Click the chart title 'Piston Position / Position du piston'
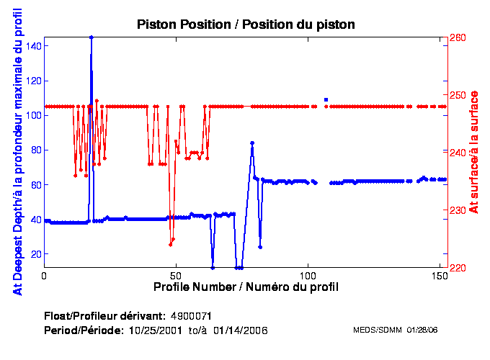tap(246, 24)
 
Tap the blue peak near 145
tap(91, 37)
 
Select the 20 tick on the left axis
tap(37, 254)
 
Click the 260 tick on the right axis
tap(458, 37)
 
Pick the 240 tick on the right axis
tap(458, 153)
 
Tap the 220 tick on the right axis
tap(458, 268)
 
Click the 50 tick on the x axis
tap(176, 276)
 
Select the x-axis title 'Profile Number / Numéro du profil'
tap(246, 287)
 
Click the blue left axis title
tap(16, 153)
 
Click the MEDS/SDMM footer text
tap(395, 330)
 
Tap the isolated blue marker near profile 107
tap(326, 99)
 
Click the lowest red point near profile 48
tap(171, 245)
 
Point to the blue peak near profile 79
tap(251, 143)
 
